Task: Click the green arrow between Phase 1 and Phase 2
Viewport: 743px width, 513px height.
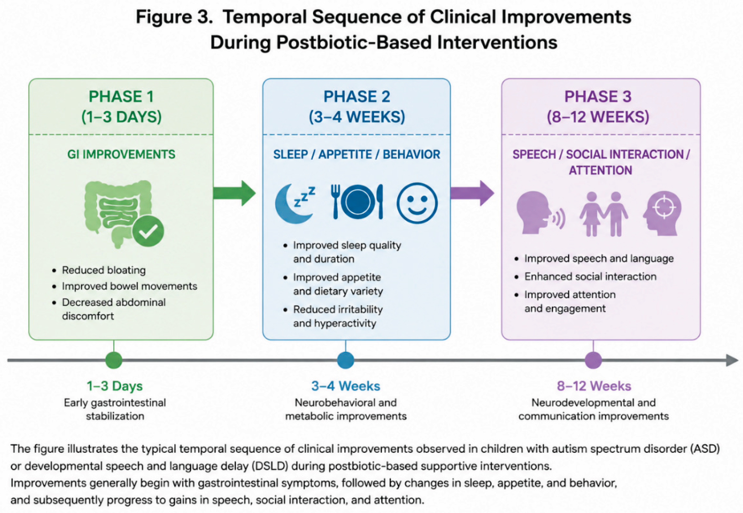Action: pos(234,193)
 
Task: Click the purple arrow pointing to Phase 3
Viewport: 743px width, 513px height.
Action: pos(472,193)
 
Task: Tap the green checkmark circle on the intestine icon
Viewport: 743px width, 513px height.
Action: pos(148,231)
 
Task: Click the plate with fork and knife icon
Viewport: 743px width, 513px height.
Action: pos(357,202)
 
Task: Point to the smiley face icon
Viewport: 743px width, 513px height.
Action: pos(417,203)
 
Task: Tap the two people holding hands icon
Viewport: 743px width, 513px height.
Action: pos(604,214)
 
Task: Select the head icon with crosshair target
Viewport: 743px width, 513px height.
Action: pos(662,214)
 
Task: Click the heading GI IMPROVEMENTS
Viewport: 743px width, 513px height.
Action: pos(121,154)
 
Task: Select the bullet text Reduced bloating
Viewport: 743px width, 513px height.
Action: pos(104,270)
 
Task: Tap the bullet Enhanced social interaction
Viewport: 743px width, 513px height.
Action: pos(590,276)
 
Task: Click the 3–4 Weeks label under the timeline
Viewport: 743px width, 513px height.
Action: pos(346,386)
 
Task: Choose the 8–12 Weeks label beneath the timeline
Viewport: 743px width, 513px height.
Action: pos(594,386)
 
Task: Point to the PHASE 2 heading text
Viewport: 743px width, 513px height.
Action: pos(357,97)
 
